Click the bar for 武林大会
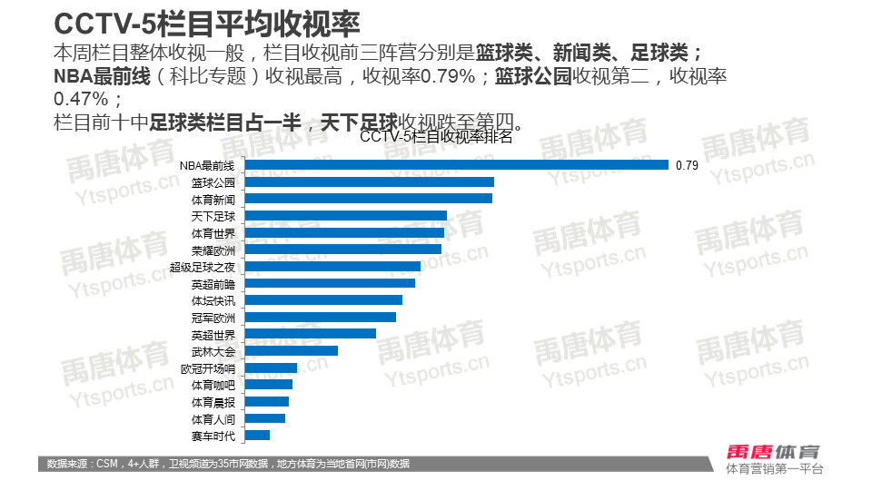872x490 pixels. point(292,350)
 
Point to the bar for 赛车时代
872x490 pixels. point(258,436)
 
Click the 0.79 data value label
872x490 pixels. point(687,165)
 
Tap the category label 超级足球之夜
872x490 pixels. point(203,267)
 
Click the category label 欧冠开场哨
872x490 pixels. point(208,368)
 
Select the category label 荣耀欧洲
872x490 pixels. point(213,250)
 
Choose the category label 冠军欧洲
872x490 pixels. point(213,318)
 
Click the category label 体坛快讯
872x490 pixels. point(213,300)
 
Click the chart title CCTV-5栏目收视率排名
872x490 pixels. point(437,138)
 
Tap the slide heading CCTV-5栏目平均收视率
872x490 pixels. point(207,22)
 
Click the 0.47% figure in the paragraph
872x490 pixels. point(87,98)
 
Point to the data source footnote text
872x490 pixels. point(228,465)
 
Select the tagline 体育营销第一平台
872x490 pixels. point(775,469)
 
